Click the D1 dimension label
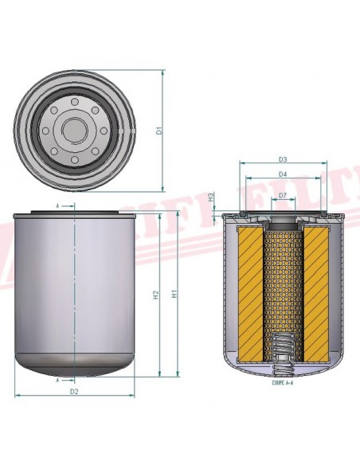159,130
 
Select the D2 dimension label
74,393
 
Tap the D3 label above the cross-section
283,159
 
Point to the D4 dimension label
283,174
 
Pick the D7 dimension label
283,194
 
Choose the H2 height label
156,295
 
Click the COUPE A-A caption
282,382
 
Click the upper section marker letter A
58,206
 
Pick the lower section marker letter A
58,381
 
